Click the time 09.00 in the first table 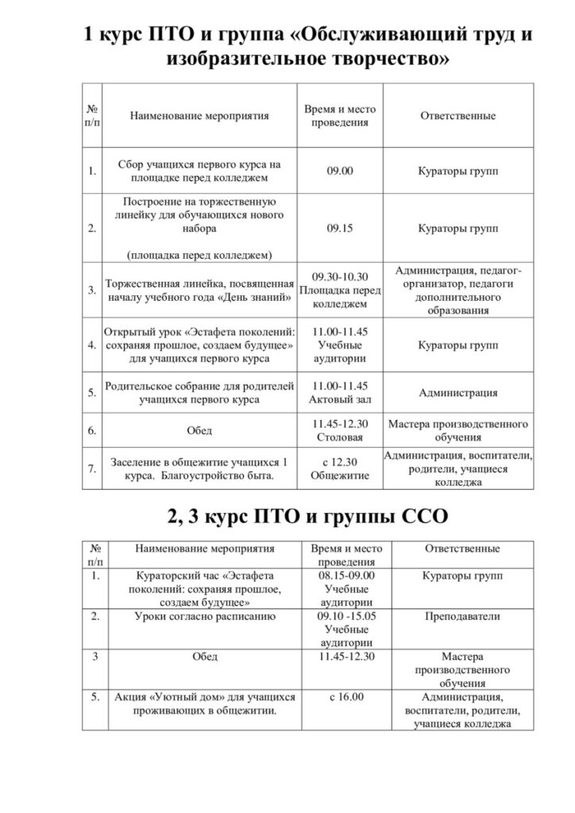[340, 171]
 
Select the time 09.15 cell [340, 228]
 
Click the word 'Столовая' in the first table [340, 437]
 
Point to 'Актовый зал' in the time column [340, 399]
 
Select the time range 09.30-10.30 [340, 277]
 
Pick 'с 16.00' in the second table [345, 697]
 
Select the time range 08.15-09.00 [346, 576]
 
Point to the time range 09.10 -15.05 [346, 615]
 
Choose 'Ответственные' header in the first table [457, 116]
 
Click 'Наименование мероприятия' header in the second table [205, 549]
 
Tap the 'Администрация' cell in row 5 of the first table [458, 392]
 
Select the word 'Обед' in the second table [205, 657]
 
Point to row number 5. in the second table [95, 697]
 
